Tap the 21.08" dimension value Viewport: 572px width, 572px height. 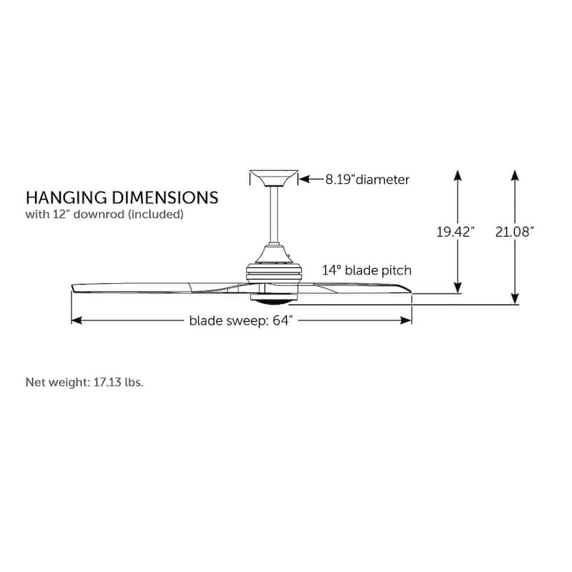[515, 232]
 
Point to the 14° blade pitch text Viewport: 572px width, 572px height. [367, 270]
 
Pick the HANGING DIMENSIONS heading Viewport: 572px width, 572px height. [122, 197]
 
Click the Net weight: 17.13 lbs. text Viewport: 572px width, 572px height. [84, 382]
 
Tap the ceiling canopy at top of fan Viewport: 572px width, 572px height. [273, 178]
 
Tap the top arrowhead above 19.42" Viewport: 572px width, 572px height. [458, 174]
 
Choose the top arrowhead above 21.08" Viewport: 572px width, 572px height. [515, 174]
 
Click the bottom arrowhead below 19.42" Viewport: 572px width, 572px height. [458, 287]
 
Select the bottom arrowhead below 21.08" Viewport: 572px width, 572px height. [515, 300]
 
